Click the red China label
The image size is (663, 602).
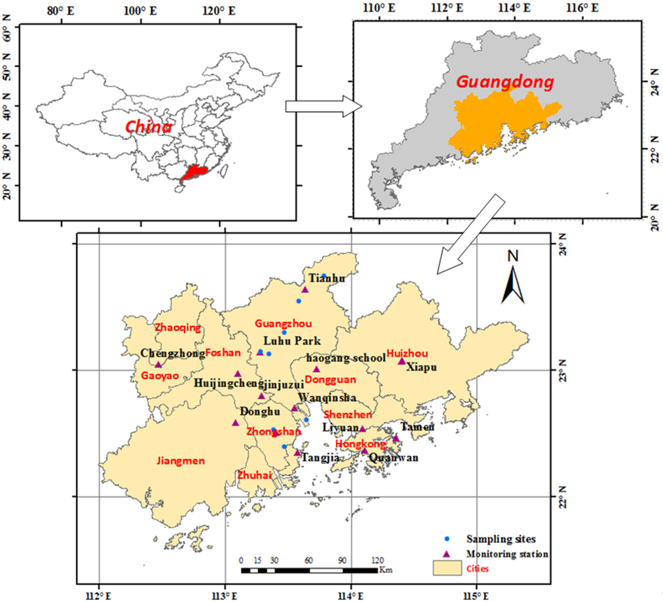tap(148, 126)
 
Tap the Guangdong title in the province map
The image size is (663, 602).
tap(505, 82)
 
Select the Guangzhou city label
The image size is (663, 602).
tap(284, 323)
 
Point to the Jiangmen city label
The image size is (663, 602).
tap(181, 461)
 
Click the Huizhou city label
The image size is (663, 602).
tap(408, 353)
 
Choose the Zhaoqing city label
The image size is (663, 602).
tap(178, 328)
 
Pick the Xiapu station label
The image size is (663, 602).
tap(421, 367)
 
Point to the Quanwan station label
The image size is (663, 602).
tap(394, 457)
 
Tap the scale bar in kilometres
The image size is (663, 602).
tap(309, 570)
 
